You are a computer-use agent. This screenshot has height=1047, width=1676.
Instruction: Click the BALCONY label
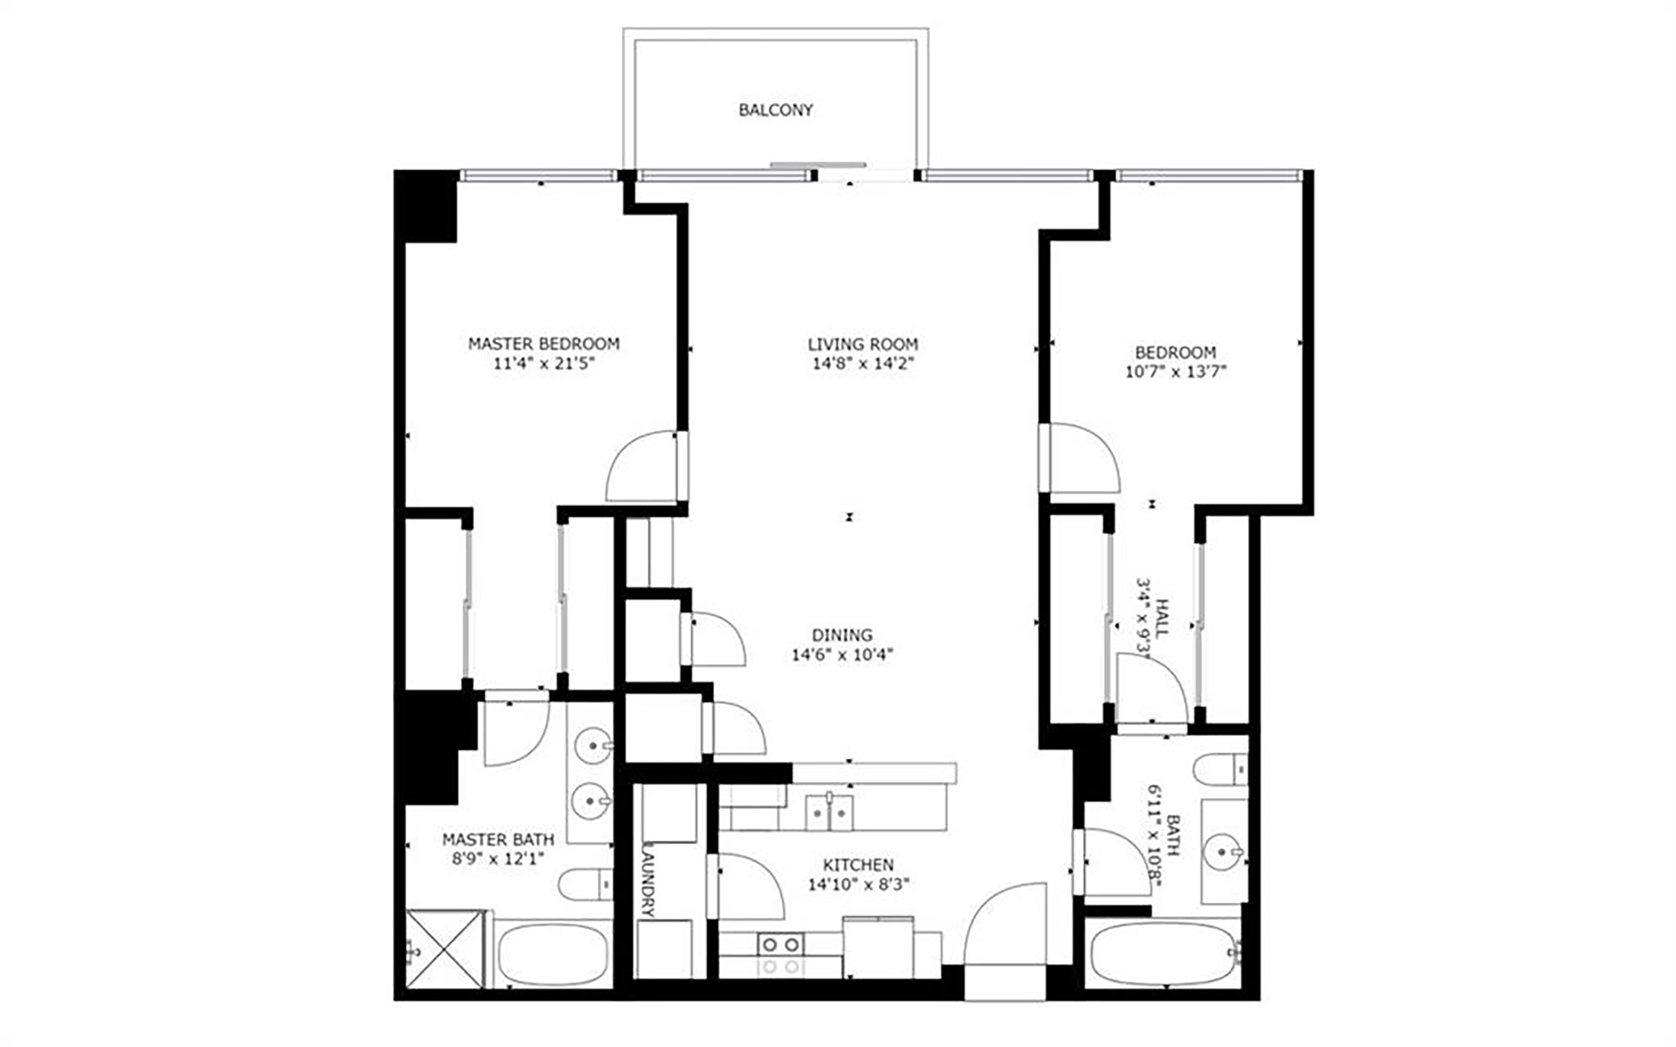point(775,110)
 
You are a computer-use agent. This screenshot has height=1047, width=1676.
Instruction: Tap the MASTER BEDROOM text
point(544,344)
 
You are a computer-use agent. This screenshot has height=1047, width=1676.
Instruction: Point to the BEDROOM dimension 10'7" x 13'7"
point(1175,372)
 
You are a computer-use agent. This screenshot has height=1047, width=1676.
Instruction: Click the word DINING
point(842,635)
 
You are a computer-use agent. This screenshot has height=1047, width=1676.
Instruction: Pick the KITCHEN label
point(858,865)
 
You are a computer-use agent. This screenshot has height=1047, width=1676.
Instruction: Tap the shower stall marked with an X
point(444,948)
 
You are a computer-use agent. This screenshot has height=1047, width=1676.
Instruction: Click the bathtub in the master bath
point(553,955)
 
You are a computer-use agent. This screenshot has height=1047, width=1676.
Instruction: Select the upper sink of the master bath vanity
point(594,746)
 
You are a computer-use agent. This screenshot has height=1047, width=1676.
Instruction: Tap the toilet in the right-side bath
point(1220,770)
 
